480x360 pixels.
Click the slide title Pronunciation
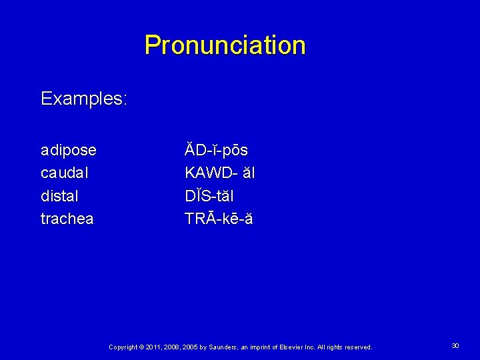point(225,45)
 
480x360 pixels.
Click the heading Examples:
point(83,99)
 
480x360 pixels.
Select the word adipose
point(68,150)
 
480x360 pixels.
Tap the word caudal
point(65,173)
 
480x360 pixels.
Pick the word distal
point(59,196)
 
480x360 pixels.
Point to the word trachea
point(67,219)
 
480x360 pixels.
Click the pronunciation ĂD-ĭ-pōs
point(216,150)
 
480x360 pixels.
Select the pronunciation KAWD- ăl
point(219,173)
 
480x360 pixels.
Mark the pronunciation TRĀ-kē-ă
point(219,219)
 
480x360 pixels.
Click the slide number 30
point(455,346)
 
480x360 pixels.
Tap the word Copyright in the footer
point(122,347)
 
